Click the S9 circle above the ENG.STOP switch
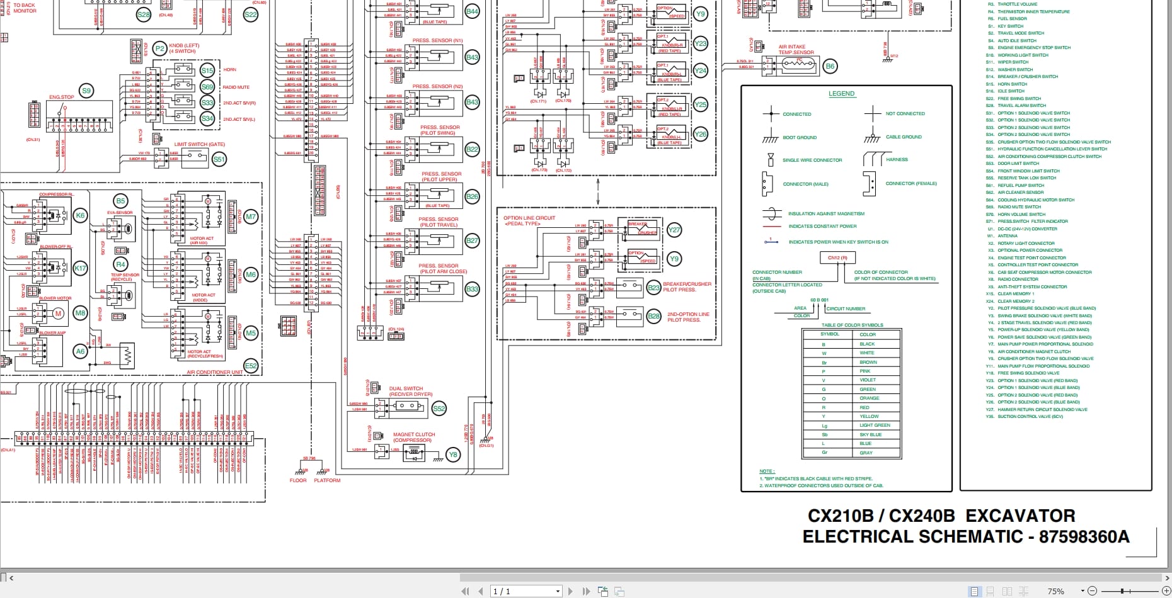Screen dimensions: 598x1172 coord(86,91)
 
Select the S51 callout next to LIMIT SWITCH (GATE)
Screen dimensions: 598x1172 coord(219,159)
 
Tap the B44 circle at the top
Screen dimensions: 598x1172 coord(472,11)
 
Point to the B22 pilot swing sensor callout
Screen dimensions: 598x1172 coord(472,149)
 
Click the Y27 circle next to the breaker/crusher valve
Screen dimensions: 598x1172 coord(674,230)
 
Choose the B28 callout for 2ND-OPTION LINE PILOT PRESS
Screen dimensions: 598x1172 coord(654,317)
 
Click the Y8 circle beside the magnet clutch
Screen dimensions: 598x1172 coord(452,454)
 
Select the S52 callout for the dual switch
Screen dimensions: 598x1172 coord(439,409)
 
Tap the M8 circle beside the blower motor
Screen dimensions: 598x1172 coord(80,313)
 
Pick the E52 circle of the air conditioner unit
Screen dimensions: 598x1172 coord(251,366)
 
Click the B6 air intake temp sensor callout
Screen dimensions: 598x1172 coord(830,66)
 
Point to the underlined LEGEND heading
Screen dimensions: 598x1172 coord(841,94)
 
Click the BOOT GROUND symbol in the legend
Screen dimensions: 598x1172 coord(770,137)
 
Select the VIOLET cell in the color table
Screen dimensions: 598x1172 coord(868,380)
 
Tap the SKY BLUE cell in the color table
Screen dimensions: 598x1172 coord(870,434)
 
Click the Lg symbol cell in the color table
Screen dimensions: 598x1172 coord(824,426)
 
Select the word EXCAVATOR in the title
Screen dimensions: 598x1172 coord(1020,516)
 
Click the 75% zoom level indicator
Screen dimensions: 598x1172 coord(1055,591)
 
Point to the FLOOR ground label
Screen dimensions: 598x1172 coord(298,480)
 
